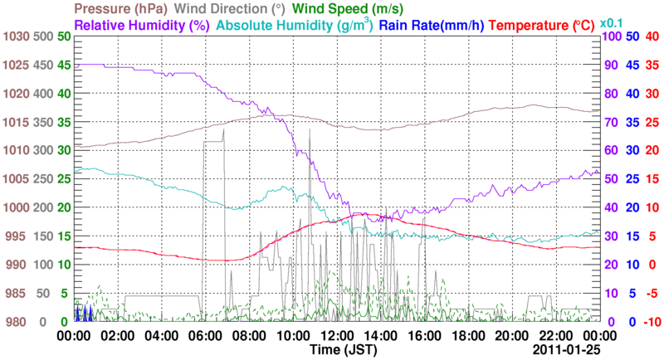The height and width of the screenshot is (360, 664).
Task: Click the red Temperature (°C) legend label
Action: click(x=543, y=26)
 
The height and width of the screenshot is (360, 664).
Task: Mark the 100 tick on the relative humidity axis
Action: click(x=611, y=37)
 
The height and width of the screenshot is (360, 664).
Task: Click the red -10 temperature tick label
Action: click(x=649, y=322)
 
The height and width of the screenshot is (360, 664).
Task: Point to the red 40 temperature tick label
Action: click(x=651, y=37)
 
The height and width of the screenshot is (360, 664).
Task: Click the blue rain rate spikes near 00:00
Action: click(x=83, y=314)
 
